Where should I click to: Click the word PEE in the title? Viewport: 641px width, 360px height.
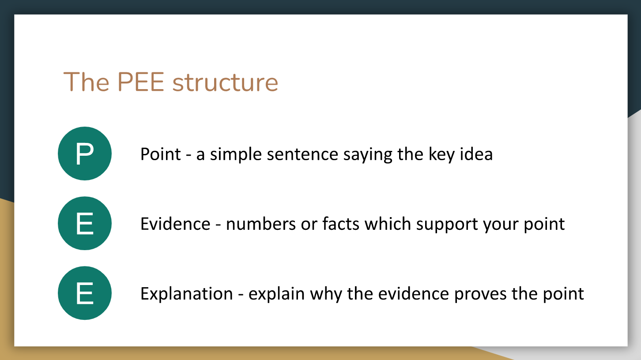pos(141,82)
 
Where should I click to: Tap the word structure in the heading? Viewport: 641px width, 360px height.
pos(225,82)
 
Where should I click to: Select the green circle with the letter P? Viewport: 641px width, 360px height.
pos(85,154)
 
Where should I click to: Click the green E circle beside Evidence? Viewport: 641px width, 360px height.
pos(85,223)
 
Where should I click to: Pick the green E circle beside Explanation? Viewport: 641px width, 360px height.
pos(85,293)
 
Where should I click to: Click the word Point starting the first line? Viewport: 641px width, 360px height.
pos(161,154)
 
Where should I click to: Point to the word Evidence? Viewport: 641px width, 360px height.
pos(175,224)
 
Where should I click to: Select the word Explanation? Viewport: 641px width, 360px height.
pos(187,294)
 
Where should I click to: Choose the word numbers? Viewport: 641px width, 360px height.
pos(261,224)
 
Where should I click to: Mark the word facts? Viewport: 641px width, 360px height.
pos(341,224)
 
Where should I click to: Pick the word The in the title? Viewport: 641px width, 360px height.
pos(86,82)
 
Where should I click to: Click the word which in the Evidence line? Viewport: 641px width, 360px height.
pos(388,224)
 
